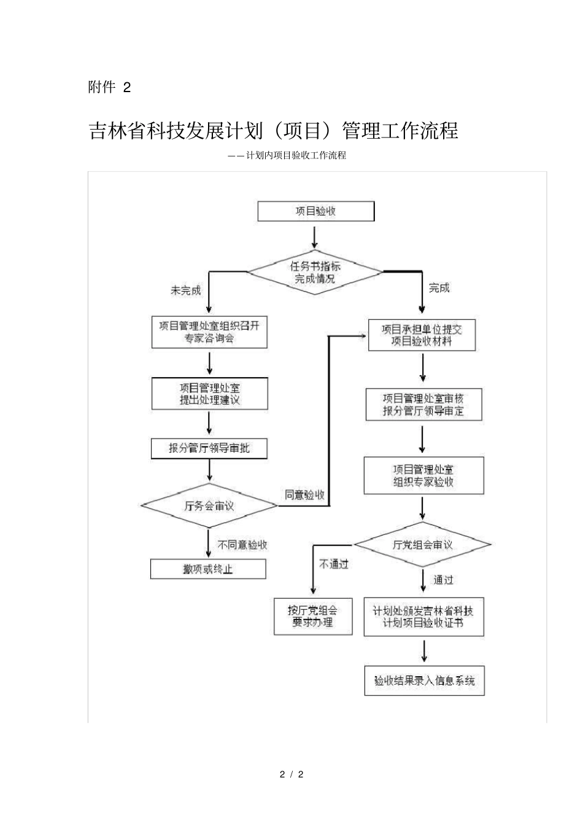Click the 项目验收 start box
click(315, 211)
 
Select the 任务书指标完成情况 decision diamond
click(315, 272)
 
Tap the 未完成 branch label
click(185, 290)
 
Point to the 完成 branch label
click(439, 287)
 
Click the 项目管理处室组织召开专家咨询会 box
click(209, 332)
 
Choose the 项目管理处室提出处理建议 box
click(209, 394)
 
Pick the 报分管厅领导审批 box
click(209, 448)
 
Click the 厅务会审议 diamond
click(209, 506)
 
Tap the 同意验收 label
click(304, 494)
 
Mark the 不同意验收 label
click(243, 545)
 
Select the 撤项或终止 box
click(208, 569)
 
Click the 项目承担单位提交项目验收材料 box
click(422, 335)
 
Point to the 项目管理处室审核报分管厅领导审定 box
click(423, 405)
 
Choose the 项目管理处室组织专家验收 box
click(423, 475)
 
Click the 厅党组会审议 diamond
click(422, 545)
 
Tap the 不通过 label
click(333, 564)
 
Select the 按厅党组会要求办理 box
click(313, 616)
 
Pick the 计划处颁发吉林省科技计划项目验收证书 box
click(423, 617)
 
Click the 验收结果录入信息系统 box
click(424, 680)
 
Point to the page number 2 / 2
click(291, 774)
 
